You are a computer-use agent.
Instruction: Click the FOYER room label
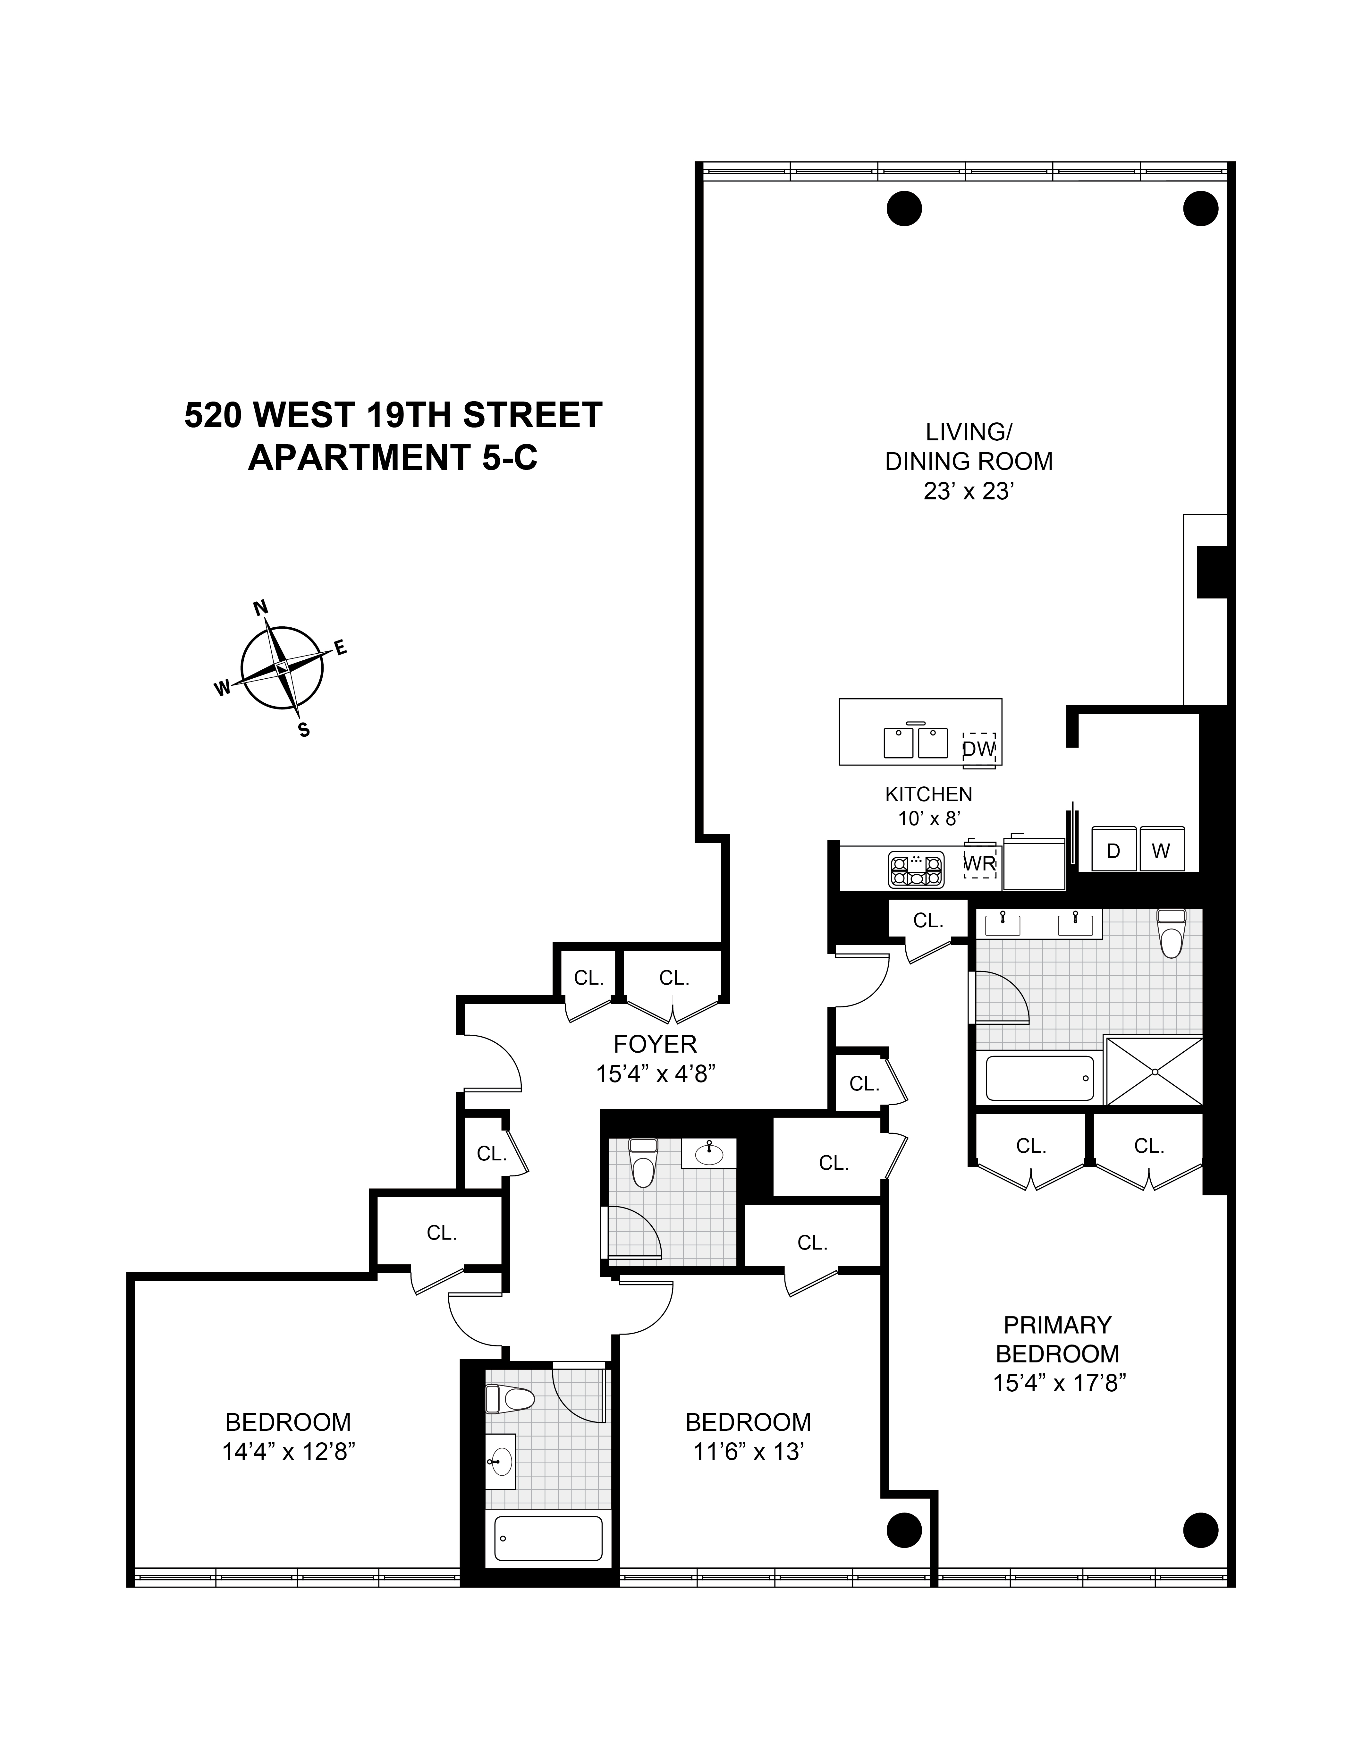click(x=655, y=1044)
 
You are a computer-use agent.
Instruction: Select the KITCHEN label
click(x=928, y=794)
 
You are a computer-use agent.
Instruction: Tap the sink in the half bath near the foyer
click(x=709, y=1153)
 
